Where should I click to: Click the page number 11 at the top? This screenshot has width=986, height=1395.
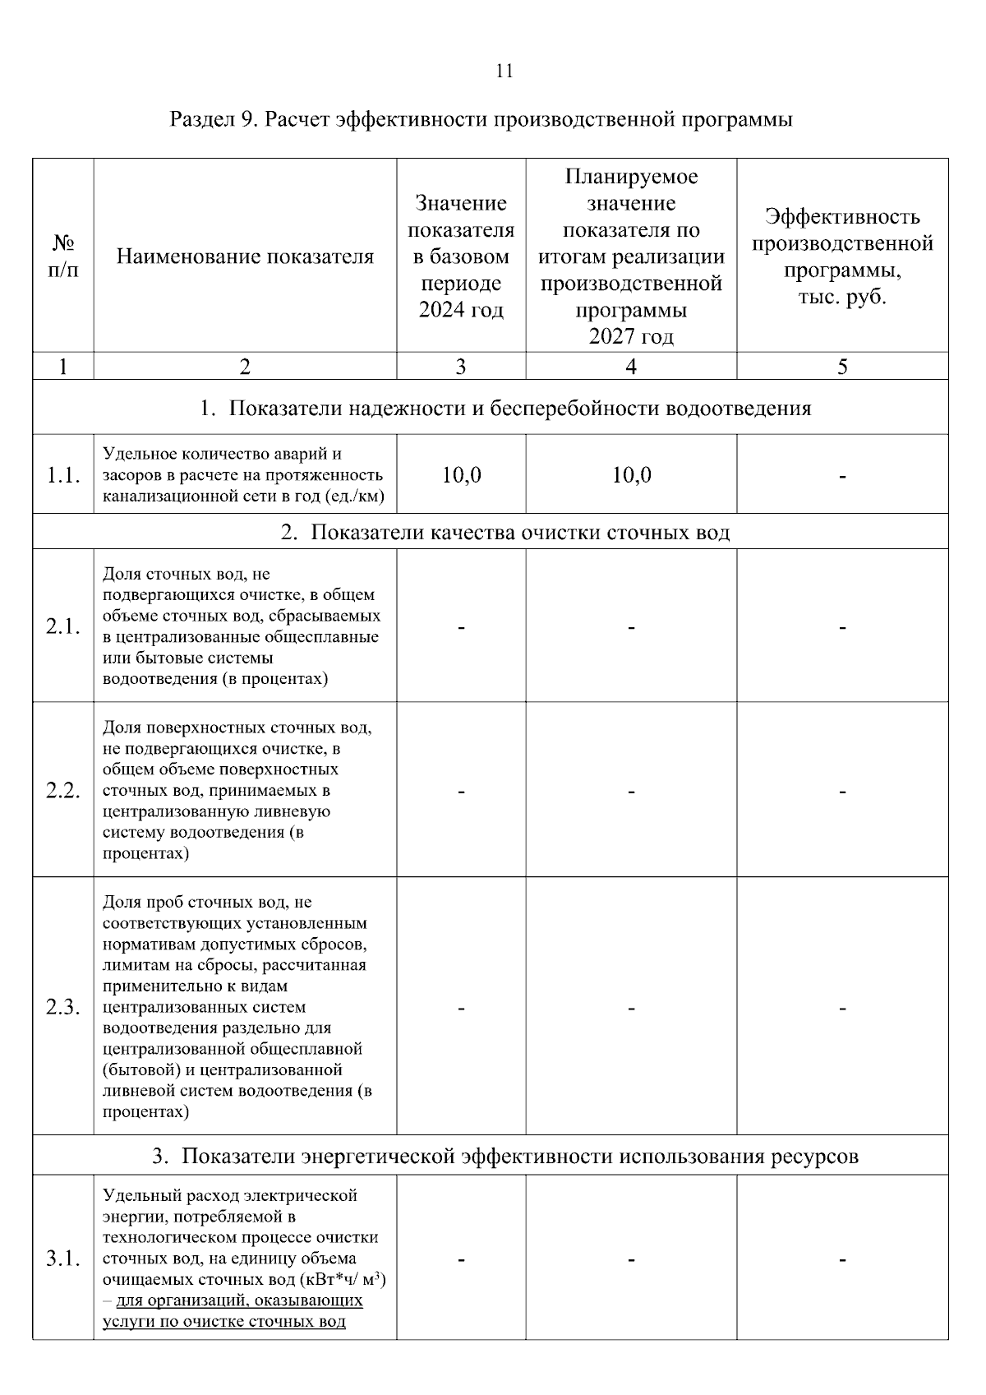click(x=505, y=72)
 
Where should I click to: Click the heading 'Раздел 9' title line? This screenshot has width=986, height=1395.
click(x=481, y=120)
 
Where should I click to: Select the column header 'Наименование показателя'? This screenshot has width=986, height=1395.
click(x=245, y=257)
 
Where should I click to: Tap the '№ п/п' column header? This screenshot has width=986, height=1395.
click(x=63, y=256)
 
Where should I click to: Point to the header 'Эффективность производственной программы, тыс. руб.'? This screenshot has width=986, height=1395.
click(x=842, y=256)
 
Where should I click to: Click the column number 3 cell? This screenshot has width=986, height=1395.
click(x=461, y=367)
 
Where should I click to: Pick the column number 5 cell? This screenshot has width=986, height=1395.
click(x=842, y=367)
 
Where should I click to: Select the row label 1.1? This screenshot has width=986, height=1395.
click(x=63, y=475)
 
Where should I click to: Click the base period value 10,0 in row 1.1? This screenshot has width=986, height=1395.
click(x=461, y=475)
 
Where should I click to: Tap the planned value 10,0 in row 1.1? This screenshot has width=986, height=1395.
click(x=631, y=475)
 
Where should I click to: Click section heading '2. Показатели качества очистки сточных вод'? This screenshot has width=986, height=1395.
click(x=505, y=533)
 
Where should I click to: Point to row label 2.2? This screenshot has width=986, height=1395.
click(x=63, y=791)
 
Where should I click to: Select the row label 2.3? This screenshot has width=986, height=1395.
click(x=63, y=1008)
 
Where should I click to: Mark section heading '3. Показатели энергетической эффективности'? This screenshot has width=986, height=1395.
click(x=505, y=1157)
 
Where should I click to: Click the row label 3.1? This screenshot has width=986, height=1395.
click(x=63, y=1259)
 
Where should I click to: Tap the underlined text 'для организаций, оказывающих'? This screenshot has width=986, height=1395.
click(x=239, y=1301)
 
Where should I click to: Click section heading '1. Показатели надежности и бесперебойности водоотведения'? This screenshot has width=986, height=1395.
click(x=505, y=409)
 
